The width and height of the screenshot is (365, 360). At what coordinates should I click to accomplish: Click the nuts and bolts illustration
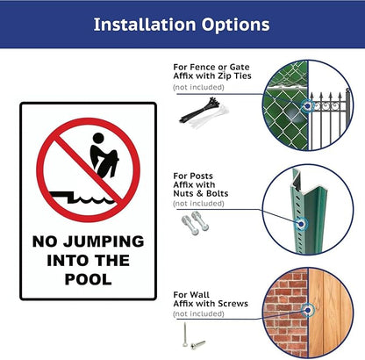[195, 223]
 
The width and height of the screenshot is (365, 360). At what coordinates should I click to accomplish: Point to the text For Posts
[193, 175]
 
